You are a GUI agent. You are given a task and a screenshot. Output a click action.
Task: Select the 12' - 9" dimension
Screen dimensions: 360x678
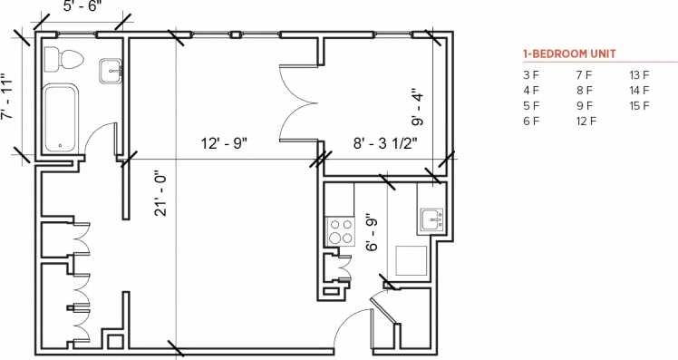coord(224,142)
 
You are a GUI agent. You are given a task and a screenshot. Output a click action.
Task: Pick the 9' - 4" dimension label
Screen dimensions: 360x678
coord(418,106)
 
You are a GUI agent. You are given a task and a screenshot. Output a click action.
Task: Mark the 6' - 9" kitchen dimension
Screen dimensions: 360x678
coord(371,234)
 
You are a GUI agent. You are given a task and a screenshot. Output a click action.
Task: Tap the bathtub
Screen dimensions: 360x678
coord(62,119)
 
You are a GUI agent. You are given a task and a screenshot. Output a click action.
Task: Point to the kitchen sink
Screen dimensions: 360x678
coord(432,219)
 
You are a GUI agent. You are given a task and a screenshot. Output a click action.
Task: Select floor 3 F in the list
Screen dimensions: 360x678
coord(531,74)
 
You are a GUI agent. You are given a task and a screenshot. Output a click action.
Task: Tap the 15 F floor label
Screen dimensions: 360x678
coord(640,105)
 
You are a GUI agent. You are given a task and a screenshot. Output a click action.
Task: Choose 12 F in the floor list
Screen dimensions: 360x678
coord(586,121)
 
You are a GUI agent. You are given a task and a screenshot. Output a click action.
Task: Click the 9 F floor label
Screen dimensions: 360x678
coord(584,105)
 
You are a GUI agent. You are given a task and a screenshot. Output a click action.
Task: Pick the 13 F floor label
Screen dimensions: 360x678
coord(640,74)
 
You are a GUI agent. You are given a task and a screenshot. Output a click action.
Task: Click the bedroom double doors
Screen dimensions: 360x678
coord(300,106)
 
